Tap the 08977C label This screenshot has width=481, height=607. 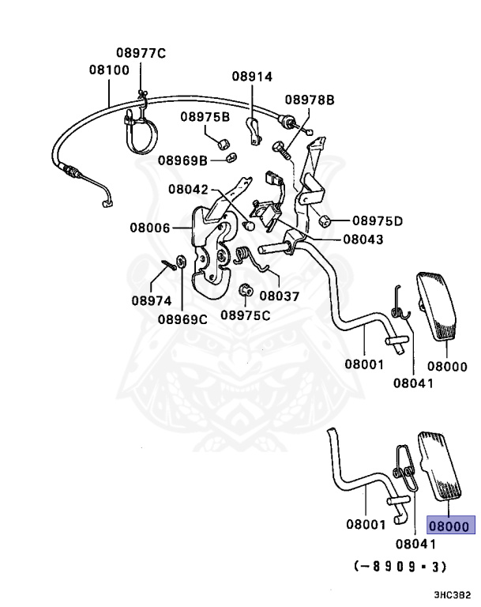tap(141, 54)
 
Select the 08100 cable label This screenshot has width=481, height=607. tap(108, 70)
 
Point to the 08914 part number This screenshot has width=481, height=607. tap(252, 77)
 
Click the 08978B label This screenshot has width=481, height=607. tap(310, 100)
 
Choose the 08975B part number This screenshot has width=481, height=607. tap(205, 117)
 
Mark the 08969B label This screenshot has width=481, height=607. tap(182, 160)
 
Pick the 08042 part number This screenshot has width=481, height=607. tap(187, 190)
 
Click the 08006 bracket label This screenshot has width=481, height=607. tap(151, 228)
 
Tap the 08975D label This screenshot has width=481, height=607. tap(377, 221)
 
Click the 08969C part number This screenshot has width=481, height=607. tap(182, 319)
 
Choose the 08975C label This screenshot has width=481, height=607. tap(245, 315)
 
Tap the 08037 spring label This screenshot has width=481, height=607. tap(279, 296)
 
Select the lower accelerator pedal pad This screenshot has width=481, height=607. tap(444, 465)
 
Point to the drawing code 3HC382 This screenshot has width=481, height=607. tap(453, 594)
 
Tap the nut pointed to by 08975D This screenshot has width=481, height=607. tap(324, 219)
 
